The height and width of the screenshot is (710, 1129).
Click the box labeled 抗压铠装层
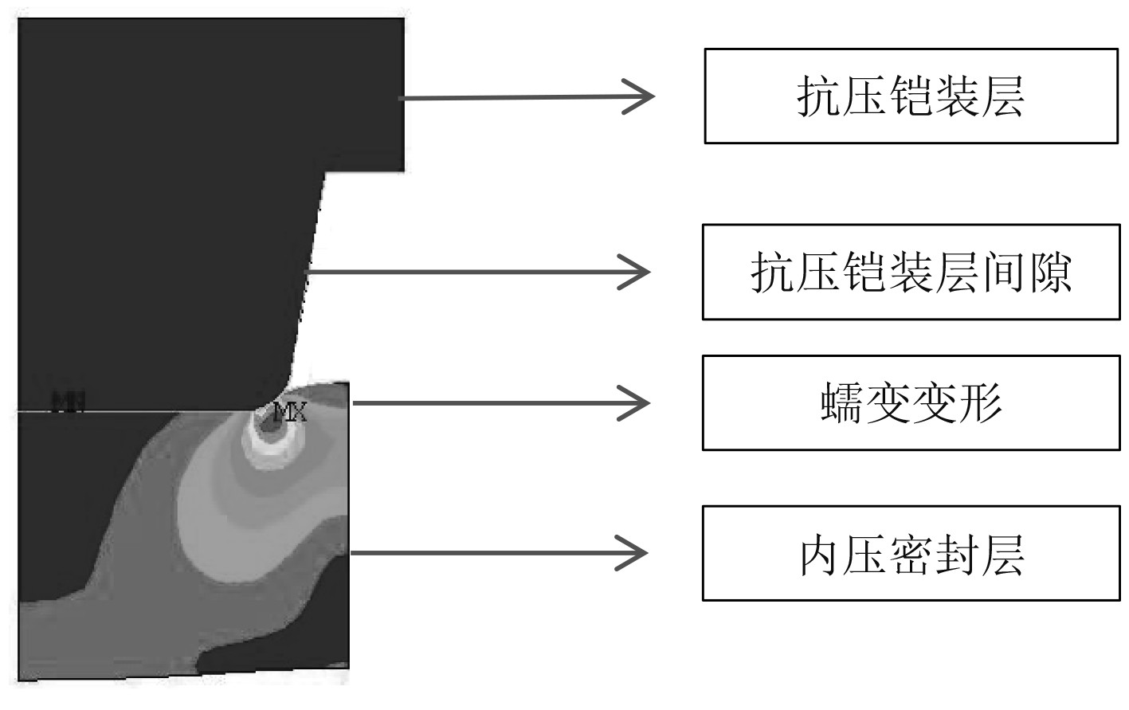click(911, 96)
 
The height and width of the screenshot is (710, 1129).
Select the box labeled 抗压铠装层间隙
click(911, 272)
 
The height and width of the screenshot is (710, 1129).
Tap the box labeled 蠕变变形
click(911, 403)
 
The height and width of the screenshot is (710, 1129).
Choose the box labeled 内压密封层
click(911, 553)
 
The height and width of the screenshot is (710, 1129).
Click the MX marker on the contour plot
click(288, 413)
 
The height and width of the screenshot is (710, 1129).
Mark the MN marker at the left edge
click(69, 402)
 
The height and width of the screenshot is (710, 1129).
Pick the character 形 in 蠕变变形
click(980, 403)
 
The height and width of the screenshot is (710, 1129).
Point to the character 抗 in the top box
click(819, 97)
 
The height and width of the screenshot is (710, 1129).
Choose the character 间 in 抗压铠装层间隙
click(1004, 273)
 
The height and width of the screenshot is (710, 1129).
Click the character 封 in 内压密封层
click(956, 554)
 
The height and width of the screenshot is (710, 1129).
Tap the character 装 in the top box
click(956, 97)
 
